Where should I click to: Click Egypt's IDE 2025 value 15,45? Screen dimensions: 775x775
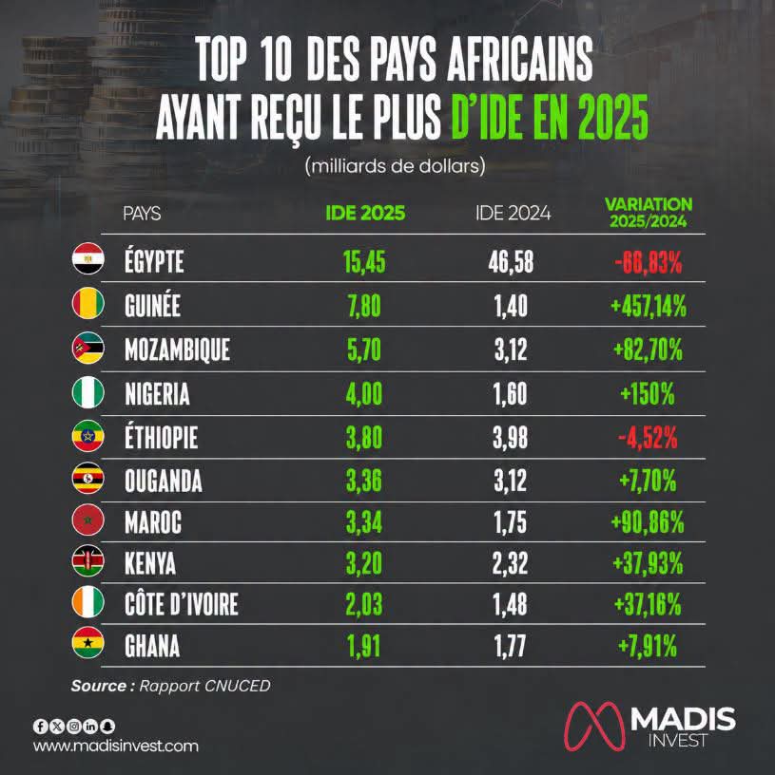click(364, 261)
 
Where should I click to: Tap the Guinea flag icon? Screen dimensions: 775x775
click(88, 303)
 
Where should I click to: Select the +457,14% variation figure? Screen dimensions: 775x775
click(649, 306)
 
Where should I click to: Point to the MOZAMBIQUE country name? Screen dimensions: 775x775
click(177, 350)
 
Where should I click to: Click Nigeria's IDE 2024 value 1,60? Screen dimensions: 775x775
click(511, 394)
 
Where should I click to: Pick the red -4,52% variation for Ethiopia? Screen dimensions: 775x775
click(648, 438)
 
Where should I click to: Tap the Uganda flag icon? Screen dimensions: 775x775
click(88, 478)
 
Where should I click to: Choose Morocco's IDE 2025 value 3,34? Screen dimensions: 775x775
click(364, 523)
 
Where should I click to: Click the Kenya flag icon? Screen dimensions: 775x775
click(88, 561)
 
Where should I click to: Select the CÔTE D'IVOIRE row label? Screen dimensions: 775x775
click(181, 604)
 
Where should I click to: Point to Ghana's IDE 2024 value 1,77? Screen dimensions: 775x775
click(511, 646)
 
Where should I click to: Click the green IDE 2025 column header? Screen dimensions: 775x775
click(365, 213)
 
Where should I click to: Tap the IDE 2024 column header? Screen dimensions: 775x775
click(513, 213)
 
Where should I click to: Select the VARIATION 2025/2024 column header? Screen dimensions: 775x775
click(649, 213)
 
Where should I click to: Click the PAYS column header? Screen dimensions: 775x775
click(142, 214)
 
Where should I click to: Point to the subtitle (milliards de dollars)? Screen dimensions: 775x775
click(395, 165)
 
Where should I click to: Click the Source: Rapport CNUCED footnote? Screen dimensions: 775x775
click(171, 686)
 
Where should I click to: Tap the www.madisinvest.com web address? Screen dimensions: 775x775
click(116, 746)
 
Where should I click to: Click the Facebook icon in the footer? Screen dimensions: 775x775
click(41, 726)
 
